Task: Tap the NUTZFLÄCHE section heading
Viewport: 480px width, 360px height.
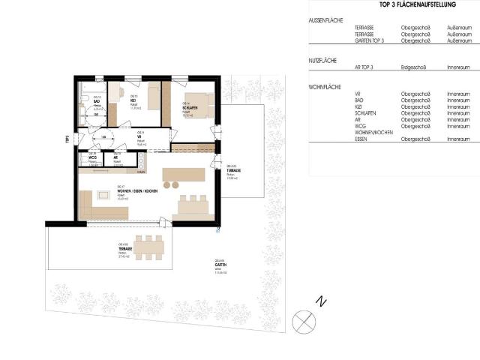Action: (x=322, y=59)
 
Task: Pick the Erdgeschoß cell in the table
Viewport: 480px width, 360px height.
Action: (x=413, y=67)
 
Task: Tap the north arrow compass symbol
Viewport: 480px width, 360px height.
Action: (x=304, y=322)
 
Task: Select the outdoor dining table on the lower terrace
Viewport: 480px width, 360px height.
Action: (x=150, y=247)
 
